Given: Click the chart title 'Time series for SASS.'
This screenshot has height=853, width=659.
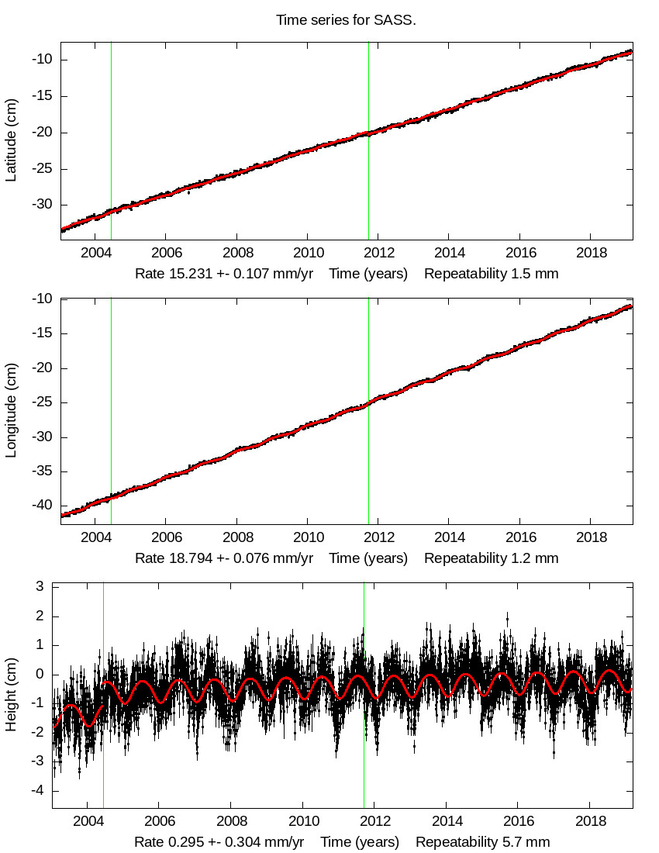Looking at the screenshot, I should pyautogui.click(x=346, y=20).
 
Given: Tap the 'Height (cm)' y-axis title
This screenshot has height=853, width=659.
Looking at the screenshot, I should pyautogui.click(x=11, y=698).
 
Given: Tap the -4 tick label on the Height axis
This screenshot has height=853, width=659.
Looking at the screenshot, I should pyautogui.click(x=36, y=790).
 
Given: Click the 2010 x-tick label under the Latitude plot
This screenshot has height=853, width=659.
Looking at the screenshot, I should pyautogui.click(x=308, y=254).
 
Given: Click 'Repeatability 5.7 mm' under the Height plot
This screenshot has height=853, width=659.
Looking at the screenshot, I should pyautogui.click(x=483, y=842).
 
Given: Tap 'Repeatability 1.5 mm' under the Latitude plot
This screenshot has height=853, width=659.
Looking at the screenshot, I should pyautogui.click(x=491, y=274).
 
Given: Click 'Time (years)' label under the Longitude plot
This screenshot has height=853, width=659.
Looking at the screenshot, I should pyautogui.click(x=368, y=558).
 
